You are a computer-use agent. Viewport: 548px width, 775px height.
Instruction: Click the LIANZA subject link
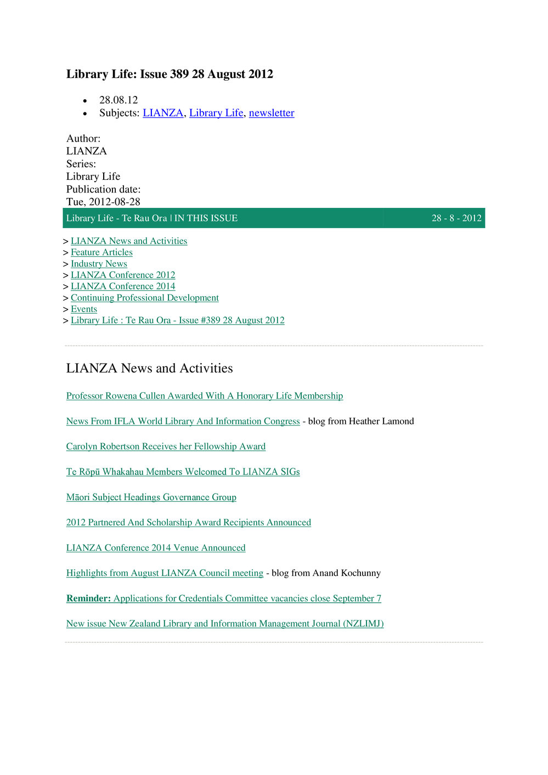[163, 113]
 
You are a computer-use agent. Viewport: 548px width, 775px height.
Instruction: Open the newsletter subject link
[272, 113]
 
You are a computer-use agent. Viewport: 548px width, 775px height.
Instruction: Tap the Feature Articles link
[101, 252]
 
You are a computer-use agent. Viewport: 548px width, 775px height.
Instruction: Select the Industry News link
[99, 264]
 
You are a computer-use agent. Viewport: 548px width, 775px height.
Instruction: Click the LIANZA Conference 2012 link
[123, 275]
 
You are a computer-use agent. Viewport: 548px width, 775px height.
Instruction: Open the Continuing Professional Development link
[144, 298]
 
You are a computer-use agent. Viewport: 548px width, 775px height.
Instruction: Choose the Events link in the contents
[84, 309]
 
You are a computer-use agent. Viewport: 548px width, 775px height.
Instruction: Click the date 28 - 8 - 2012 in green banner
[456, 218]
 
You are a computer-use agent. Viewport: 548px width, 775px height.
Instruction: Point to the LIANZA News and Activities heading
[149, 368]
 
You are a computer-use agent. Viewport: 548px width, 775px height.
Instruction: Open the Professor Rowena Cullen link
[205, 396]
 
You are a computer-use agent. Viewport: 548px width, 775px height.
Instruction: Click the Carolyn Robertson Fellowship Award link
[166, 446]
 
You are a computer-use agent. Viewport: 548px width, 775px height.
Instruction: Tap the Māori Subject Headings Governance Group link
[151, 497]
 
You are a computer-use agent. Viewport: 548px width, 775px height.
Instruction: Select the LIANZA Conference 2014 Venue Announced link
[156, 548]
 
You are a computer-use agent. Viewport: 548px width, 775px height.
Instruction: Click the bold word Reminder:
[88, 598]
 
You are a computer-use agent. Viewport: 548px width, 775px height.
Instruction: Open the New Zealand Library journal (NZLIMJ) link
[225, 624]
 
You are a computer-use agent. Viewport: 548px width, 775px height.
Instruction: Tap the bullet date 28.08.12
[118, 100]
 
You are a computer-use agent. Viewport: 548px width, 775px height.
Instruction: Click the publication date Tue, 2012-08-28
[103, 202]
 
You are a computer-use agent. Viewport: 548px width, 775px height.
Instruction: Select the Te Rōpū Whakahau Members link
[183, 472]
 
